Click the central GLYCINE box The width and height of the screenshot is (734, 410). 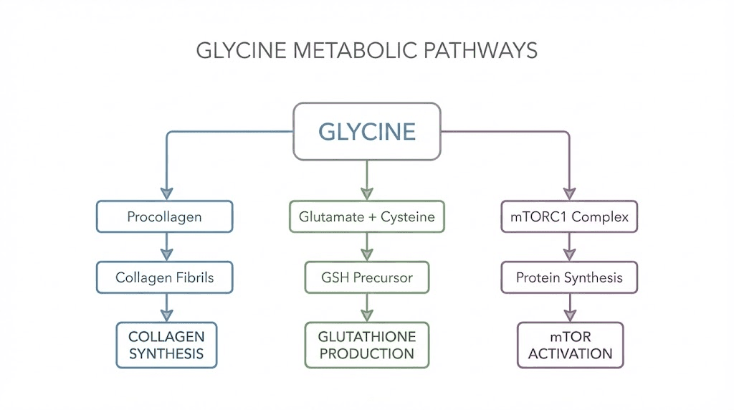tap(367, 131)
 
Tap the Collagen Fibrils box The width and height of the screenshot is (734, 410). tap(165, 277)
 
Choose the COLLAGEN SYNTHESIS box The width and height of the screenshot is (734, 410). tap(166, 345)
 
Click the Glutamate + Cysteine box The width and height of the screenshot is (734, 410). tap(367, 216)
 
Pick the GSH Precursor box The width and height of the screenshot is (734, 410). tap(367, 277)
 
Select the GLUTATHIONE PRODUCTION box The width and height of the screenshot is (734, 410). tap(367, 345)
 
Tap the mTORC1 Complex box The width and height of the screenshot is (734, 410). tap(569, 216)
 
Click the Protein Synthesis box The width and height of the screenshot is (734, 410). tap(569, 277)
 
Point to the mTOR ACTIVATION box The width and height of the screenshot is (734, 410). tap(571, 345)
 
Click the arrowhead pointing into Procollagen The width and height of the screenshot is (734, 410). tap(166, 193)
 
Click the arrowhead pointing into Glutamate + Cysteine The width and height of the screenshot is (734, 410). tap(367, 193)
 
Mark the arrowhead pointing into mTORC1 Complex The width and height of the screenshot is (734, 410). tap(569, 193)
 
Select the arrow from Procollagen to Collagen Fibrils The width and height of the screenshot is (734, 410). tap(166, 247)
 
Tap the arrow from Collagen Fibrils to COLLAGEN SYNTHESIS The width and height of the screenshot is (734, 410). tap(166, 307)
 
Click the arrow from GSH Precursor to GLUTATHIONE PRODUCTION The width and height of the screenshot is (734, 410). tap(367, 307)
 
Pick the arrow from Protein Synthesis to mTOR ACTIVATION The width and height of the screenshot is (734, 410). tap(570, 307)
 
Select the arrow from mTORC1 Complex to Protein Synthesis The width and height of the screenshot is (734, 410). tap(569, 247)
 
